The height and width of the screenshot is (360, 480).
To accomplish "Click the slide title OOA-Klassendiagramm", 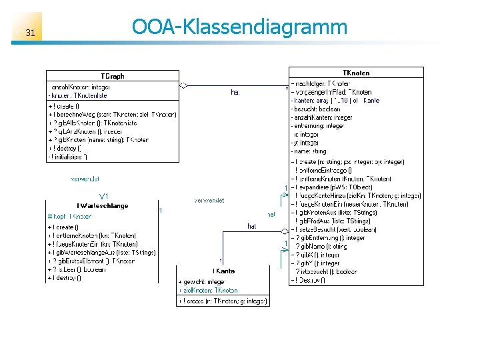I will pyautogui.click(x=239, y=27).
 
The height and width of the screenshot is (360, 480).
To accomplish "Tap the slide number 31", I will pyautogui.click(x=30, y=33).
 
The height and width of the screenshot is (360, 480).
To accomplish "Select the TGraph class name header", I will pyautogui.click(x=112, y=76).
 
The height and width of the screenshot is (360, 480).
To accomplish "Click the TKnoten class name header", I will pyautogui.click(x=356, y=73).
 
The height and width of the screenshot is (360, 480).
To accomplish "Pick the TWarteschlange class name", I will pyautogui.click(x=102, y=206).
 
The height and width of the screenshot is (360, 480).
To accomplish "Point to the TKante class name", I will pyautogui.click(x=223, y=271).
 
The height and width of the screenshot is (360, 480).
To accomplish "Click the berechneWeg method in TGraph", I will pyautogui.click(x=112, y=114).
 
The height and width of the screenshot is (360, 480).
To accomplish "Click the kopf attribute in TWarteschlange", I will pyautogui.click(x=71, y=217).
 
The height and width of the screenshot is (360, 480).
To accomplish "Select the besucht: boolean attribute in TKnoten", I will pyautogui.click(x=316, y=109).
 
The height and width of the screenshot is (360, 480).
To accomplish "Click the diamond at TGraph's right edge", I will pyautogui.click(x=183, y=85).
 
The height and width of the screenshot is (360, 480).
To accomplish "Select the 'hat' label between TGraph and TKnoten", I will pyautogui.click(x=235, y=92).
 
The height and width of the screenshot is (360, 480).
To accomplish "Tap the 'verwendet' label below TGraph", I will pyautogui.click(x=85, y=179).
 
